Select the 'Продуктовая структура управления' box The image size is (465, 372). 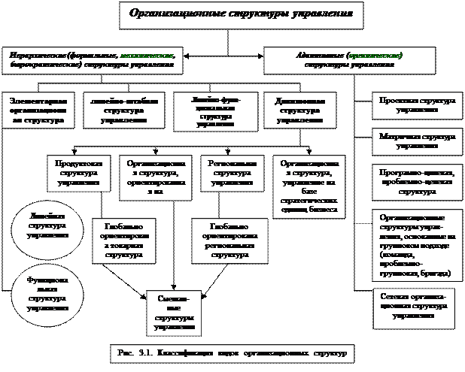tap(78, 172)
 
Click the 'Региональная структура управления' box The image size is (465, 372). tap(231, 172)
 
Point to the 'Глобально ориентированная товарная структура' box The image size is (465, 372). tap(120, 240)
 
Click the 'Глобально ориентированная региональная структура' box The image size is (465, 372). tap(229, 240)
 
